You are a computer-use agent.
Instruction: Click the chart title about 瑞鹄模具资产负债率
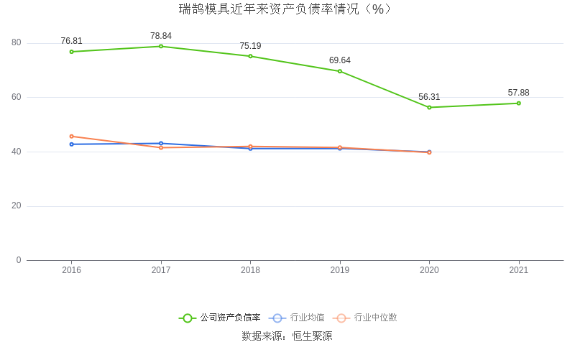tap(287, 9)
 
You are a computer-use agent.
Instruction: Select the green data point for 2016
tap(71, 52)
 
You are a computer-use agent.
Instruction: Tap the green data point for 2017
tap(161, 46)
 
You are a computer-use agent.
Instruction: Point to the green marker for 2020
tap(429, 107)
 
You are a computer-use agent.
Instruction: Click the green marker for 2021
tap(518, 103)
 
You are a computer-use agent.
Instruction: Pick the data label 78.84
tap(161, 36)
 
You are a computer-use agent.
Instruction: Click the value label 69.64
tap(340, 60)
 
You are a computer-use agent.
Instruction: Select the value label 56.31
tap(429, 97)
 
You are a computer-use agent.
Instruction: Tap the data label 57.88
tap(518, 93)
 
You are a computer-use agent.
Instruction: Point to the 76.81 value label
tap(71, 41)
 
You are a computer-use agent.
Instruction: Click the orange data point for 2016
tap(71, 136)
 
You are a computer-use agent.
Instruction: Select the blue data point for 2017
tap(161, 143)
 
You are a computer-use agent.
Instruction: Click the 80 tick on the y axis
tap(17, 42)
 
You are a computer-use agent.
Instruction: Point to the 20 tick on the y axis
tap(17, 206)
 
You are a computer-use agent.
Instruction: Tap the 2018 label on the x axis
tap(250, 270)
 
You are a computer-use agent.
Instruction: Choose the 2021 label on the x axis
tap(518, 270)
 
